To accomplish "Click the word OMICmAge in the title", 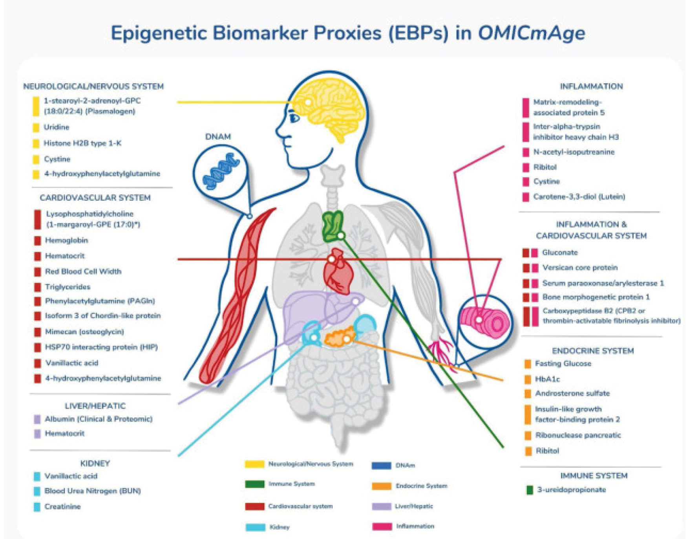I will [531, 33].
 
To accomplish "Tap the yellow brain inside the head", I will [322, 106].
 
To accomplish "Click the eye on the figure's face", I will [294, 117].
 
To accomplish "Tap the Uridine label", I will [57, 127].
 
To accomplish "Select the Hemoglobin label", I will [66, 240].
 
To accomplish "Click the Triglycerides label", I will [68, 287].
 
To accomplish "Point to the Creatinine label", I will [62, 506].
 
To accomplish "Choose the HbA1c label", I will [547, 379].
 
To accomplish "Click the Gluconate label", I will [560, 253].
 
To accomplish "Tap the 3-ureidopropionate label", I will [571, 490].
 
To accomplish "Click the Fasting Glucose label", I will [563, 364].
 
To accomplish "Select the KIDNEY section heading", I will [95, 463].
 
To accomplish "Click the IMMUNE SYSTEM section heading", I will [594, 476].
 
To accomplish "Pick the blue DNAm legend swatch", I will [381, 466].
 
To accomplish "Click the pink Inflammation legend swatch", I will [382, 526].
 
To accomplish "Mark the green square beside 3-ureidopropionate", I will [529, 490].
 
